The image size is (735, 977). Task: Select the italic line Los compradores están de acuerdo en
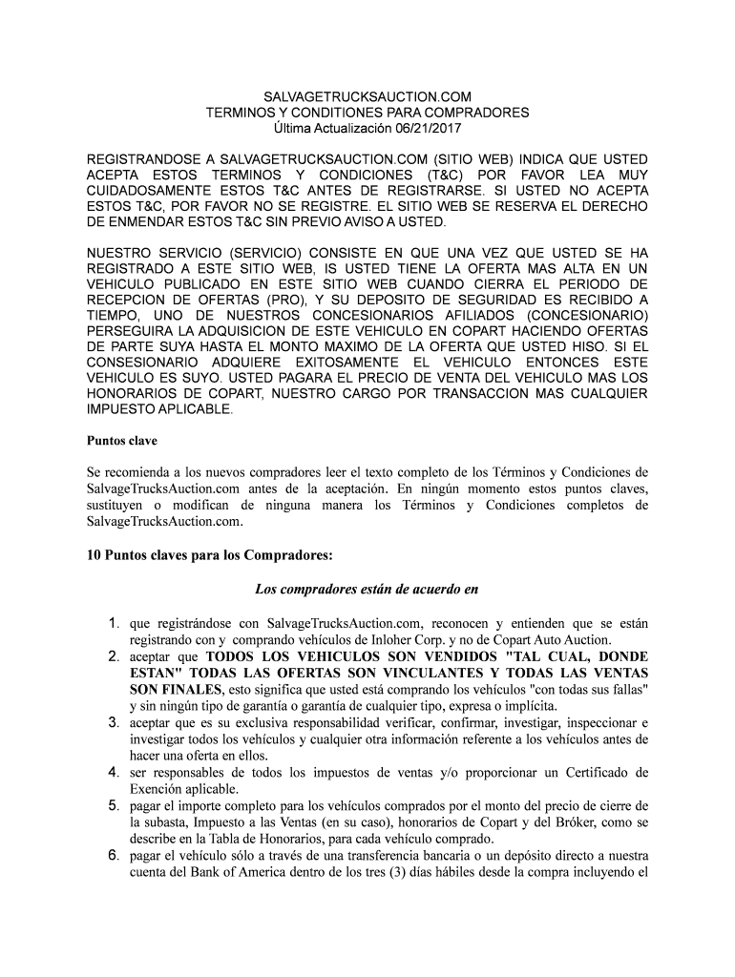pos(367,588)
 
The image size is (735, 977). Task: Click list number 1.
pos(113,624)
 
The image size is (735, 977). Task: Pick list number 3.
pos(113,723)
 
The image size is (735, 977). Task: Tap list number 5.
pos(113,806)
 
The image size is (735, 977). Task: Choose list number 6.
pos(113,856)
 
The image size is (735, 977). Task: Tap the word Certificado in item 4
pos(592,773)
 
